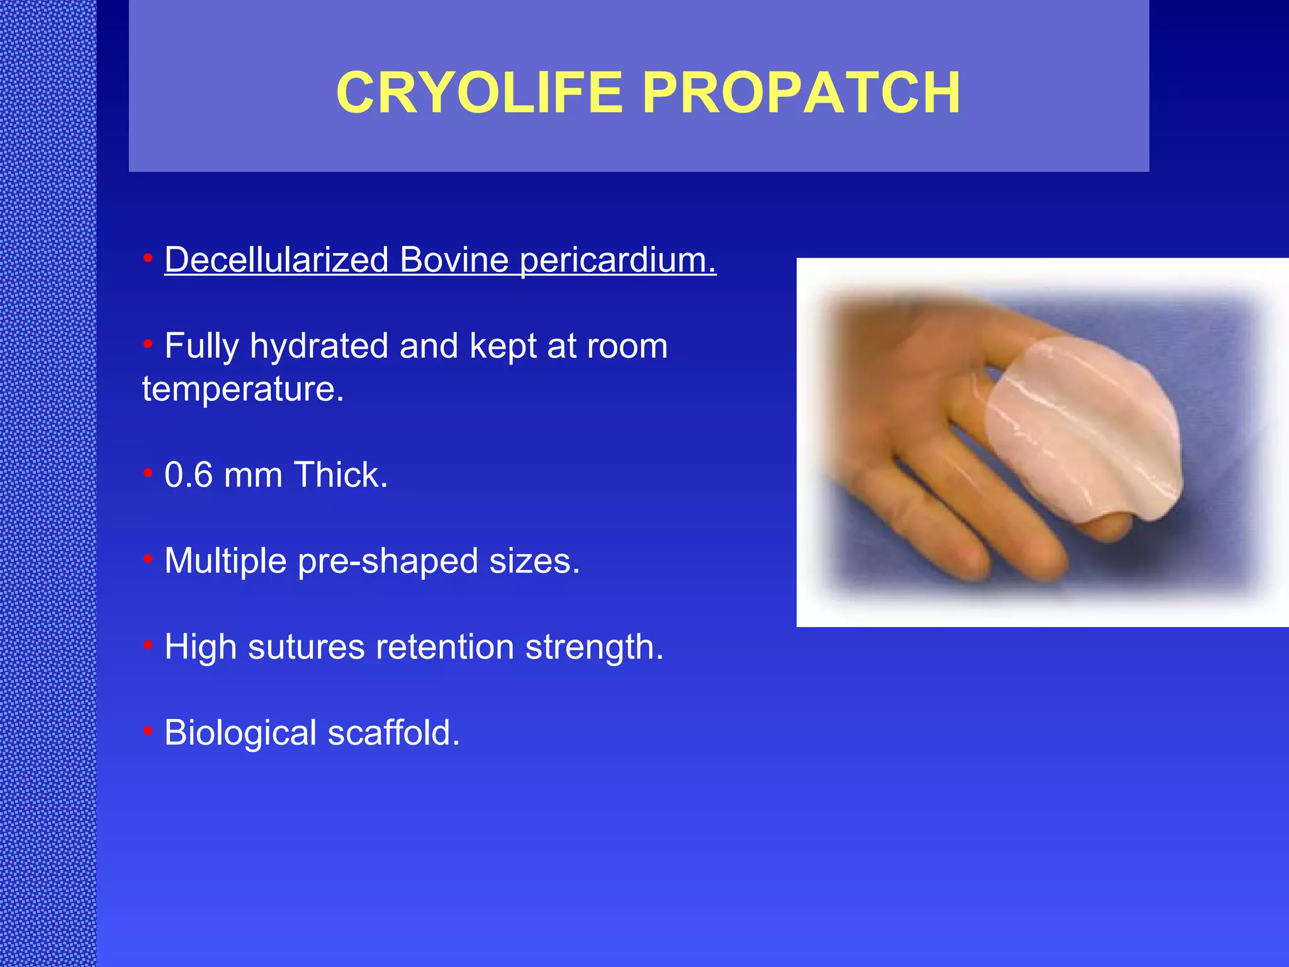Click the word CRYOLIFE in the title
[479, 93]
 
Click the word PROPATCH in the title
[801, 93]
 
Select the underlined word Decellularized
[276, 260]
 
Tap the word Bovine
[453, 260]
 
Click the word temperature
[242, 389]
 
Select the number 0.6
[188, 475]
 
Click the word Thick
[340, 475]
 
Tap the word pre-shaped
[388, 562]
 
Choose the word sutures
[306, 647]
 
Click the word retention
[444, 647]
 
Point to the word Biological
[240, 733]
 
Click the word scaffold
[393, 733]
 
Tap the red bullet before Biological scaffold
[148, 730]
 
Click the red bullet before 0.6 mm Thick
[148, 472]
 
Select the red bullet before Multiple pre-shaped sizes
[148, 558]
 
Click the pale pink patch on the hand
[1083, 428]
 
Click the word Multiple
[225, 561]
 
